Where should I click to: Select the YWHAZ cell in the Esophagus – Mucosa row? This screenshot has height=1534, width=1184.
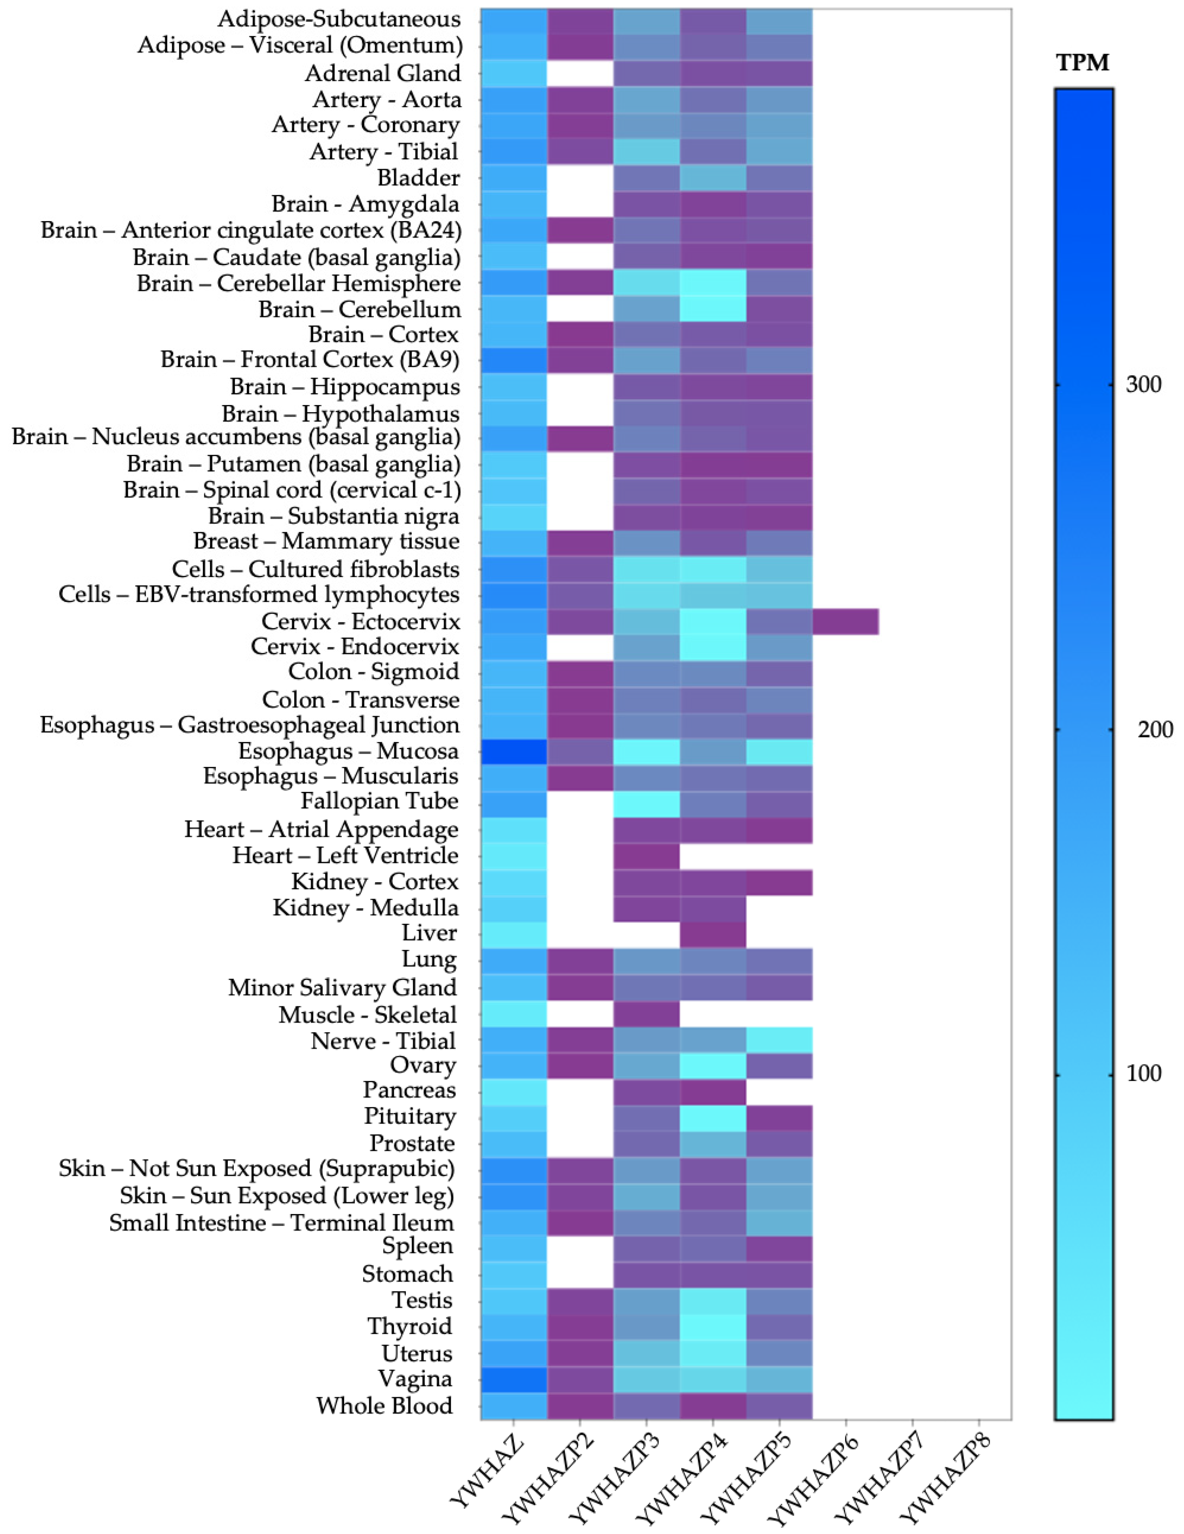514,751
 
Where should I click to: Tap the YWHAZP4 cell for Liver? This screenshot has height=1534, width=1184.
713,933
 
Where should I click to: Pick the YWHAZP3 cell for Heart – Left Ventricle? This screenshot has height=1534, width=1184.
646,855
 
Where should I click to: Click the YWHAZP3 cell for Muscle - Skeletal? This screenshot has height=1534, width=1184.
646,1014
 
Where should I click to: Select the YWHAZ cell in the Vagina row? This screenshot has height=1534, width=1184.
514,1379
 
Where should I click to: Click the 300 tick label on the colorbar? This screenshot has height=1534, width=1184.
1143,385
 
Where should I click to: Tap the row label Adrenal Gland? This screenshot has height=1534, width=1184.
383,73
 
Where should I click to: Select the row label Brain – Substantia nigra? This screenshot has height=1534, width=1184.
334,516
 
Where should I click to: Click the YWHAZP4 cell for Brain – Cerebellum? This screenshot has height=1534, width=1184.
713,309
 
